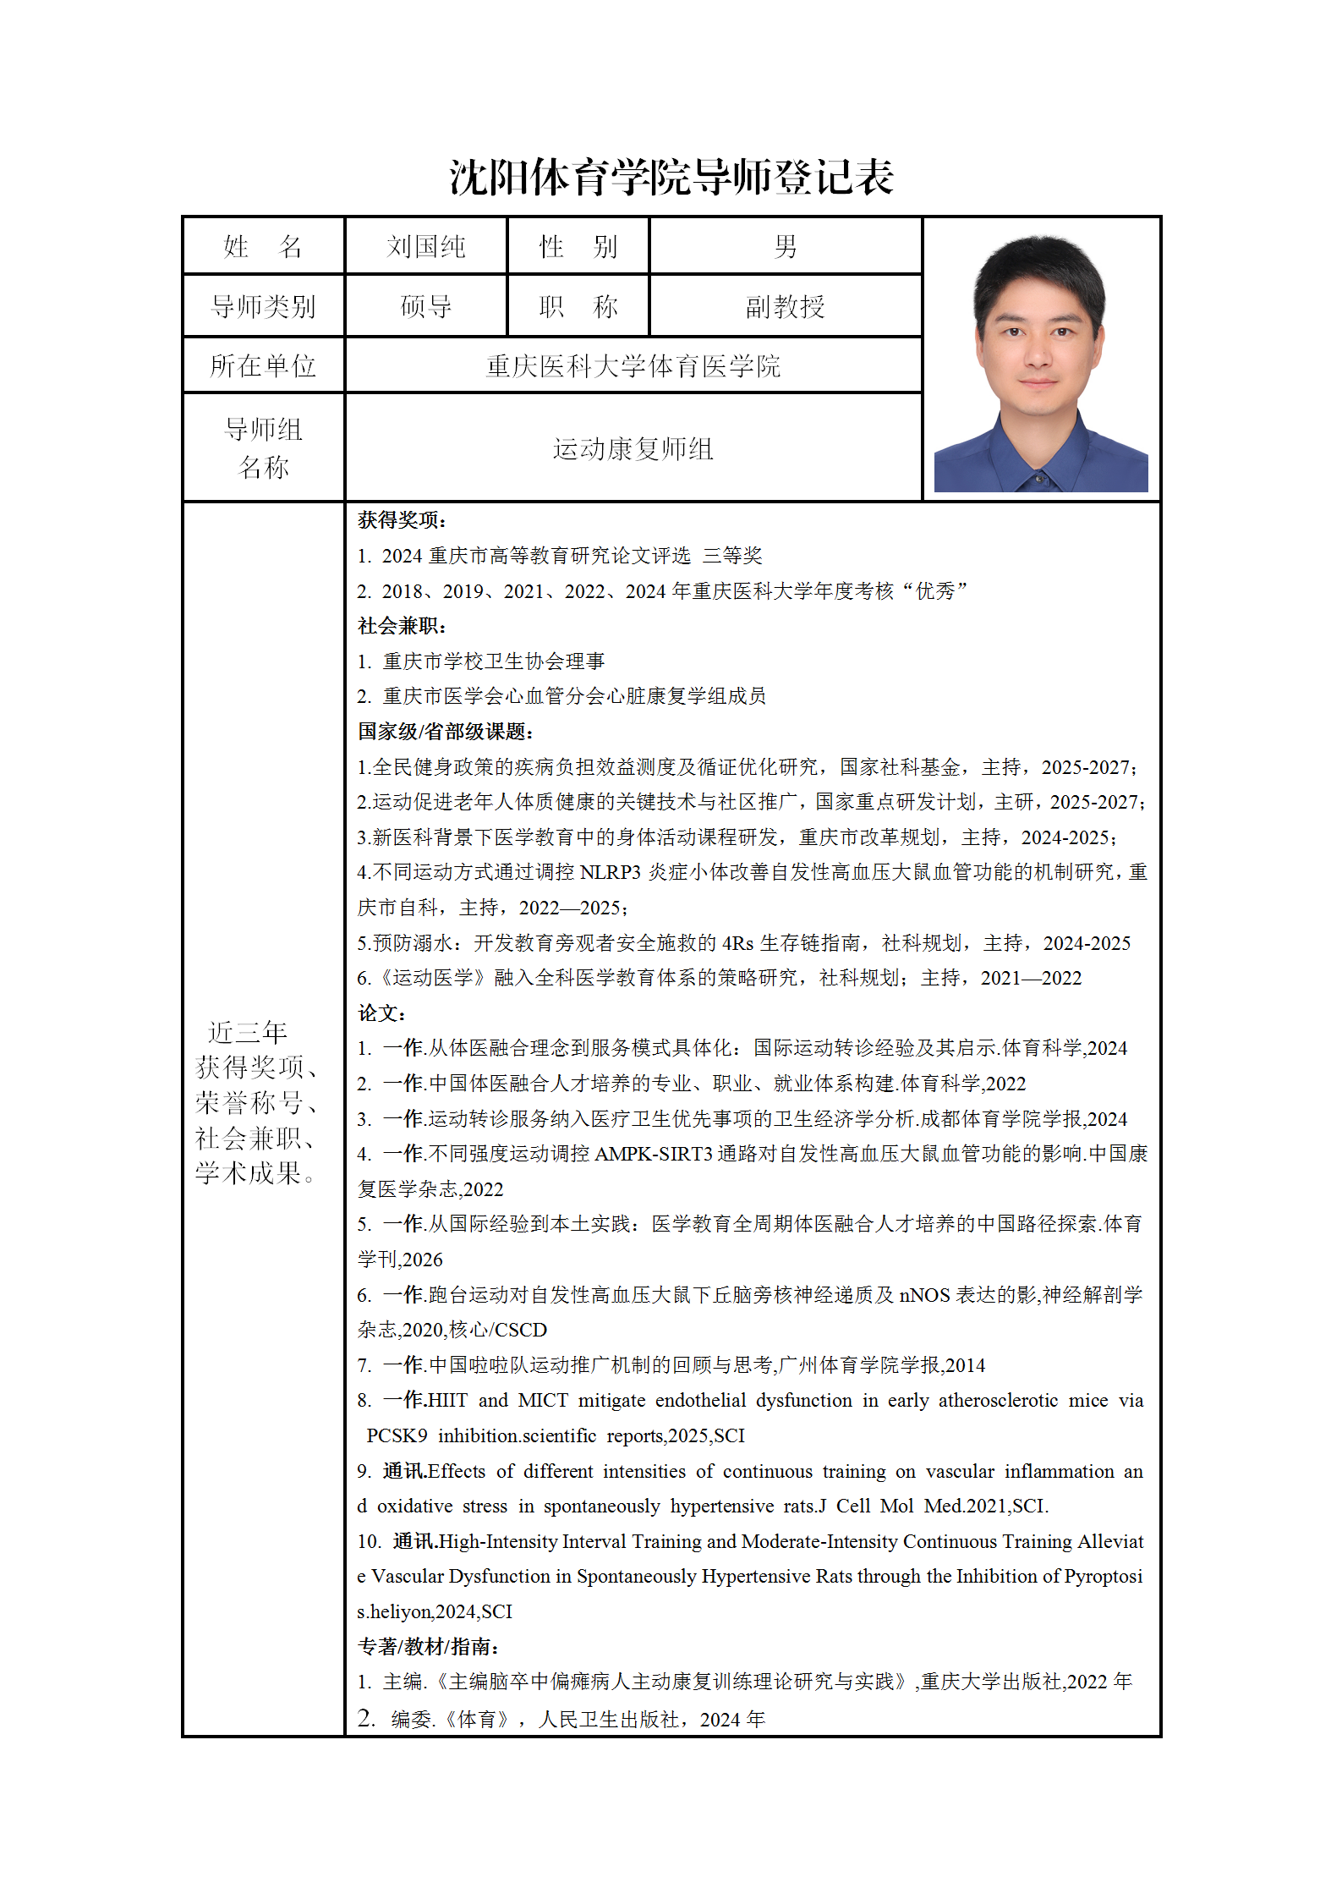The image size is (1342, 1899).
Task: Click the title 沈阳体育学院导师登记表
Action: pyautogui.click(x=671, y=178)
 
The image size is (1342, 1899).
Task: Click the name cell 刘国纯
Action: pyautogui.click(x=425, y=246)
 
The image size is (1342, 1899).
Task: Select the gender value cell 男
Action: pyautogui.click(x=785, y=246)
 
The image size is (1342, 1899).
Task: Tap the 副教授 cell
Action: pyautogui.click(x=785, y=306)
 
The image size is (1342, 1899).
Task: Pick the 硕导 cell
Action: pyautogui.click(x=425, y=306)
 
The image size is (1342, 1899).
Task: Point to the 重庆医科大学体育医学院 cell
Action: pyautogui.click(x=633, y=365)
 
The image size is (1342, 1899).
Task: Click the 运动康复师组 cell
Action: pyautogui.click(x=633, y=448)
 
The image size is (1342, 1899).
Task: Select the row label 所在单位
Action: pyautogui.click(x=263, y=365)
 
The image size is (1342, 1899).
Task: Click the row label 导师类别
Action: pyautogui.click(x=263, y=306)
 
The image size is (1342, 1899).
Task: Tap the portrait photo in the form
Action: pyautogui.click(x=1040, y=364)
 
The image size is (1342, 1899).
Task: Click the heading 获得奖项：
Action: pyautogui.click(x=402, y=520)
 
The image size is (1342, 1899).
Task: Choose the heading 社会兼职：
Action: pyautogui.click(x=402, y=626)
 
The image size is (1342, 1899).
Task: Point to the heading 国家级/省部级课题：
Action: pyautogui.click(x=446, y=732)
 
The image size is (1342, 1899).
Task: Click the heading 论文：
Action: pyautogui.click(x=382, y=1013)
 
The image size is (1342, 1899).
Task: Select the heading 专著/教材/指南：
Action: pyautogui.click(x=429, y=1647)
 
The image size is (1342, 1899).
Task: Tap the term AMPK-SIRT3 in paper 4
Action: pyautogui.click(x=654, y=1154)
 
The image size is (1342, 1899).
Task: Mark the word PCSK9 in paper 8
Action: pyautogui.click(x=397, y=1435)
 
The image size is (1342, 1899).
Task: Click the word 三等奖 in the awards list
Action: pyautogui.click(x=732, y=556)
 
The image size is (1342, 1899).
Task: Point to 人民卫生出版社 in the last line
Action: pyautogui.click(x=609, y=1719)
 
